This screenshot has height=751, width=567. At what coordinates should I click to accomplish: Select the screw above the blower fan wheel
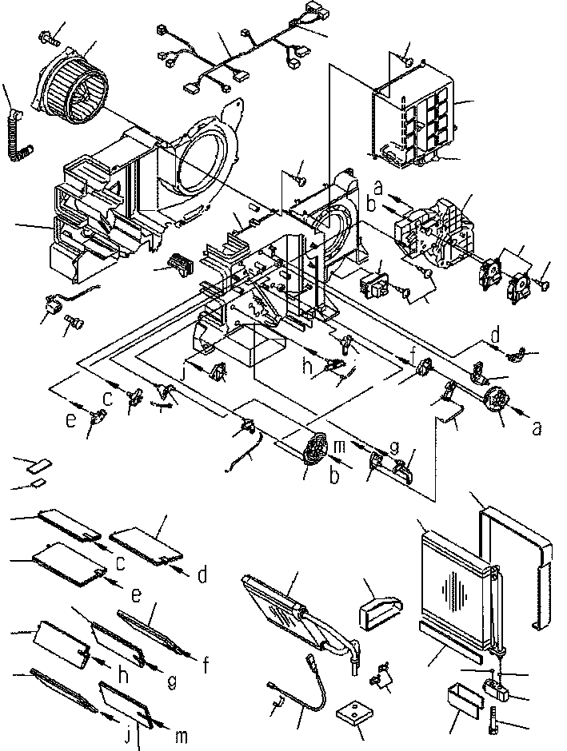click(48, 35)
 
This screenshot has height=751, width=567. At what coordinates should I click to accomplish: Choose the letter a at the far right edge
click(535, 427)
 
